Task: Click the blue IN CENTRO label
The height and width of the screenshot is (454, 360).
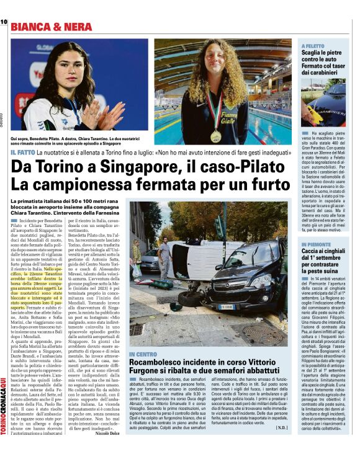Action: click(x=143, y=354)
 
